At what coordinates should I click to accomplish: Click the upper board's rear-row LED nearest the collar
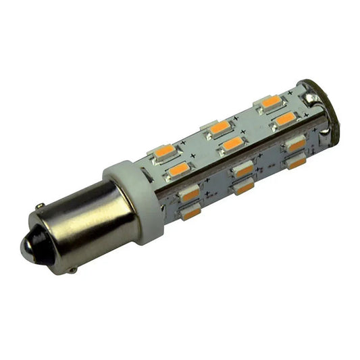165,151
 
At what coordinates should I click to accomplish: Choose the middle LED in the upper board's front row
233,143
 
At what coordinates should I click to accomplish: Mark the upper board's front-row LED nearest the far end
286,119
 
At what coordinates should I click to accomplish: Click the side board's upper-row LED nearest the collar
190,195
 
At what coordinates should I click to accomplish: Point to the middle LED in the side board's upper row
244,169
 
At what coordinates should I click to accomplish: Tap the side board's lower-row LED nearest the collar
192,213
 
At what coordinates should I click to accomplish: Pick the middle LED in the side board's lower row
245,187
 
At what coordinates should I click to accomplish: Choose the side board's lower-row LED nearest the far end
295,163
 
